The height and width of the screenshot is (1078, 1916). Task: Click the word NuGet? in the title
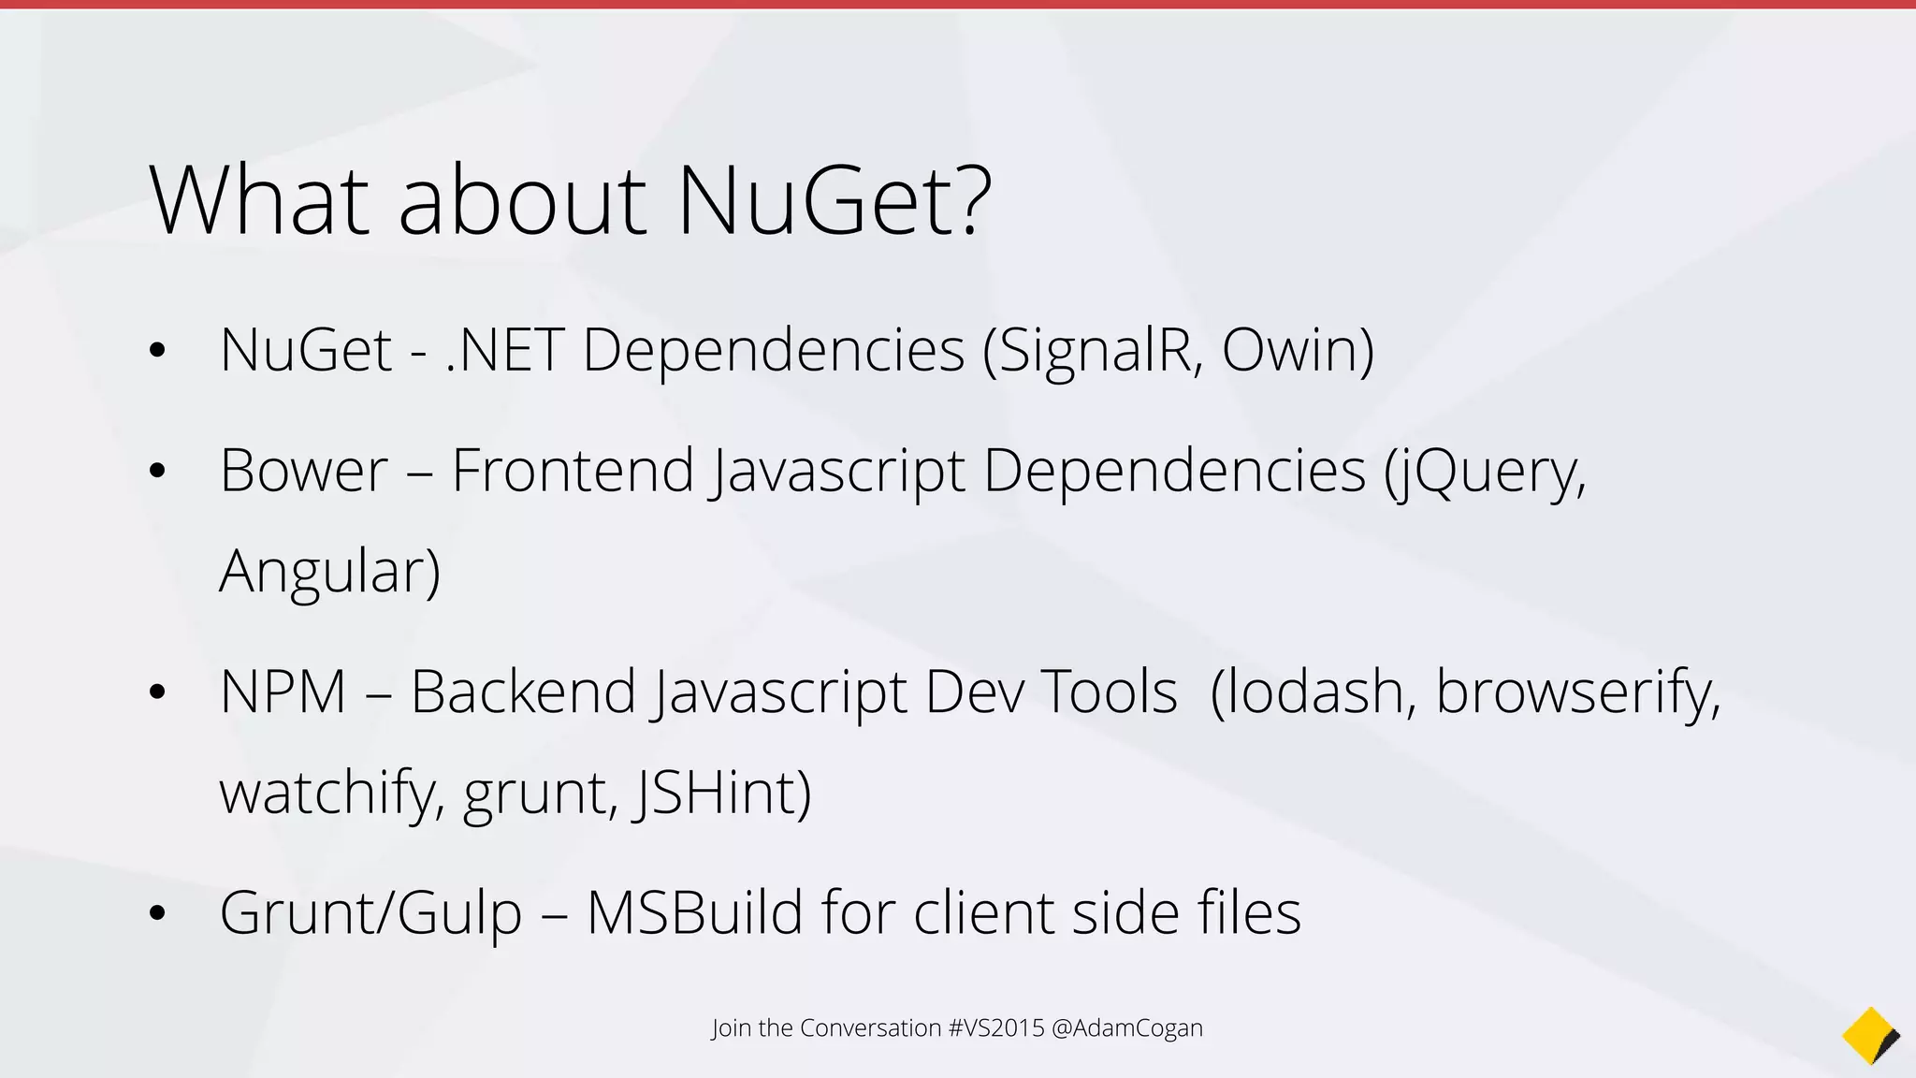(x=833, y=201)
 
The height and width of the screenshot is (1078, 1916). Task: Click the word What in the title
(x=259, y=201)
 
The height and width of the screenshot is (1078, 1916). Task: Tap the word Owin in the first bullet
(x=1296, y=351)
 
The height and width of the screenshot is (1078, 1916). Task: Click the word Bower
(x=303, y=471)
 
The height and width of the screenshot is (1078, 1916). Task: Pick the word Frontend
(x=573, y=471)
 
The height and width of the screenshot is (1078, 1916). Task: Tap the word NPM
(x=283, y=692)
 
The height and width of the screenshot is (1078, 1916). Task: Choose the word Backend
(x=523, y=692)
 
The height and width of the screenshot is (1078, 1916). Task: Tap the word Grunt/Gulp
(x=370, y=913)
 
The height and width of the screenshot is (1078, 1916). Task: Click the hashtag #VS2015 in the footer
(x=995, y=1028)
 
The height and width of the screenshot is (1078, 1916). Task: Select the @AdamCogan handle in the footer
(x=1126, y=1028)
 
